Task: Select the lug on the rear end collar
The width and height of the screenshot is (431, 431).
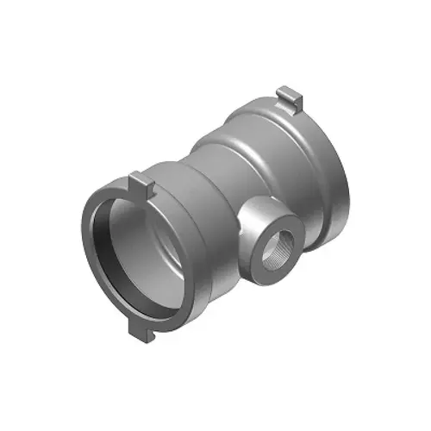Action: (290, 97)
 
